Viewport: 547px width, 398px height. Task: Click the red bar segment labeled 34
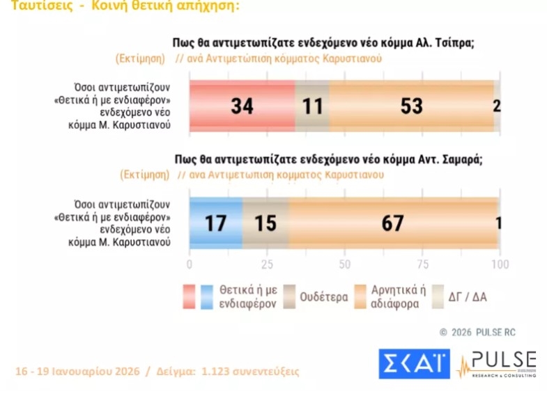[242, 106]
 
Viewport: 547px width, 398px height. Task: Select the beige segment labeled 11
[312, 106]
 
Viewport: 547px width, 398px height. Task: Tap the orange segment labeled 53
[411, 106]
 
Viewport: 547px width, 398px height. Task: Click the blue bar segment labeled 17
[216, 223]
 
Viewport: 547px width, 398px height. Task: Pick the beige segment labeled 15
[265, 223]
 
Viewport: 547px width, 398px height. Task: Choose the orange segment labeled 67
[393, 223]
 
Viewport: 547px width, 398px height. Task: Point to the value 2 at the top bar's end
[496, 106]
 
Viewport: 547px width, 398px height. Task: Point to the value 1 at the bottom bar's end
[499, 223]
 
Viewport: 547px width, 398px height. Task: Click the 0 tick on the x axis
[190, 264]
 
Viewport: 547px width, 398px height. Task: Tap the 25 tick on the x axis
[267, 264]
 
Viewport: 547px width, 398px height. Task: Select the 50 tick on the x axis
[344, 264]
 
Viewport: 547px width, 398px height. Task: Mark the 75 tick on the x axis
[422, 264]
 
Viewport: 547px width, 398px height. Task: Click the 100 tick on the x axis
[499, 264]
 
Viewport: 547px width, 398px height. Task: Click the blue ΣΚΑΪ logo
[415, 363]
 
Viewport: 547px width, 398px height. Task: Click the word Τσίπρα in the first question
[452, 42]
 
